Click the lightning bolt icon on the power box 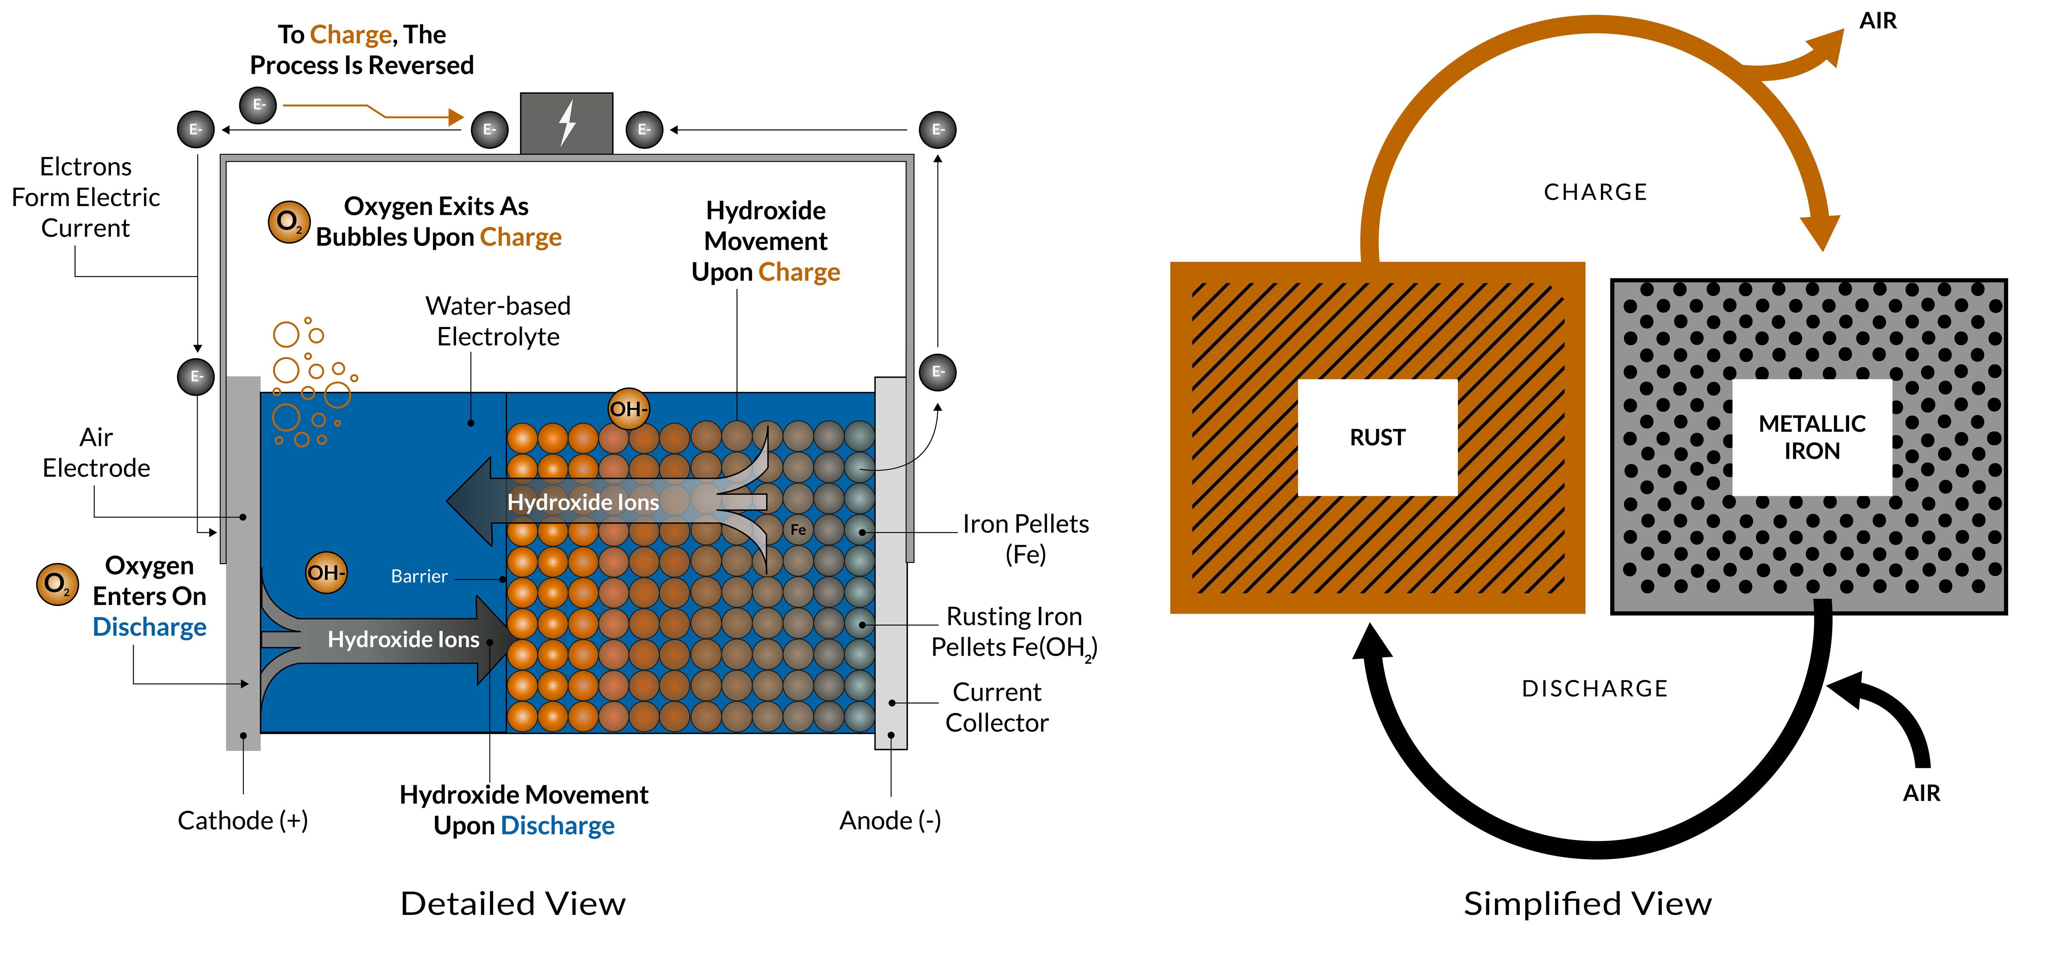point(567,123)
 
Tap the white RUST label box point(1378,438)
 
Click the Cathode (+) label point(243,820)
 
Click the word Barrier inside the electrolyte point(419,576)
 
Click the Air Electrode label point(96,453)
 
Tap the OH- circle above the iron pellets point(629,409)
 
